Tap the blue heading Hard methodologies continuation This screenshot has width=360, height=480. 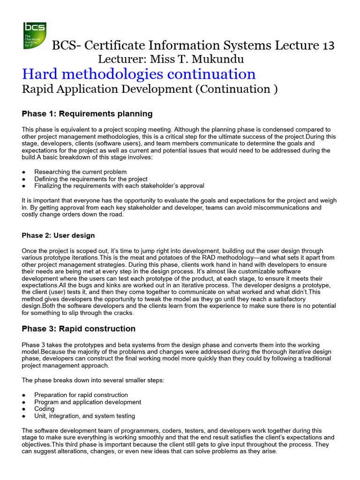click(x=139, y=74)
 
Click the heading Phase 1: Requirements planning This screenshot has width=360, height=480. click(x=87, y=113)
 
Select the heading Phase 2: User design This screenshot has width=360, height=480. click(x=59, y=235)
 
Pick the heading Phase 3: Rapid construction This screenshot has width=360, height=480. click(x=79, y=329)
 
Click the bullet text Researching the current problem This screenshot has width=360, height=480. click(x=81, y=172)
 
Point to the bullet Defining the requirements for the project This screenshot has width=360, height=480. click(x=91, y=179)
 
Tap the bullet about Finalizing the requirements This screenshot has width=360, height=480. click(x=119, y=186)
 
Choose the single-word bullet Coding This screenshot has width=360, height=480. click(x=45, y=409)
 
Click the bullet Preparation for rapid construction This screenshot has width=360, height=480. click(x=81, y=395)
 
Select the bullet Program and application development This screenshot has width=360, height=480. click(x=88, y=402)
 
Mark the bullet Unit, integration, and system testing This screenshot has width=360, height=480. click(x=85, y=416)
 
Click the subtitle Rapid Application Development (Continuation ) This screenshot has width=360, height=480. click(x=150, y=90)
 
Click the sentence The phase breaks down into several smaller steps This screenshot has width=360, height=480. click(x=93, y=380)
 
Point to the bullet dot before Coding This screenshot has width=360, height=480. click(x=24, y=409)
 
